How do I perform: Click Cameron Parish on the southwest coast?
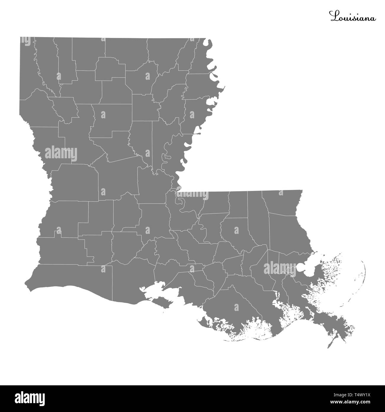71,276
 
